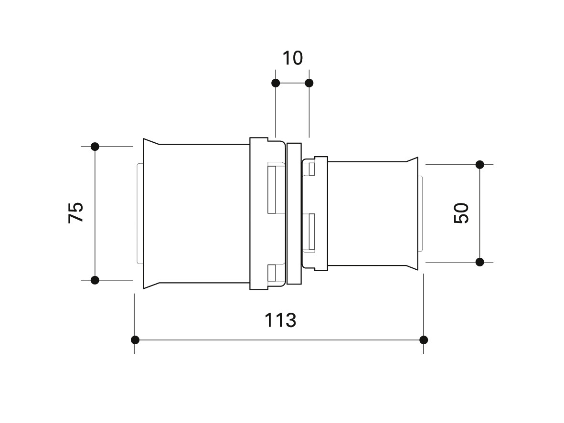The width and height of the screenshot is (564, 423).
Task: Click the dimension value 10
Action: point(292,58)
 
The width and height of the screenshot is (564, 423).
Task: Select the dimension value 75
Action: point(76,212)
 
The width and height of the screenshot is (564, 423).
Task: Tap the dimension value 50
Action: point(461,213)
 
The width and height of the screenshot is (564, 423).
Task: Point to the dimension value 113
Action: point(280,320)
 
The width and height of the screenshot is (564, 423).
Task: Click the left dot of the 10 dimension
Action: point(276,83)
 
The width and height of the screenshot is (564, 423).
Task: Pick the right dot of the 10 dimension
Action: point(309,83)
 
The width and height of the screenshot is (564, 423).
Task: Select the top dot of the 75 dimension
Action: point(95,147)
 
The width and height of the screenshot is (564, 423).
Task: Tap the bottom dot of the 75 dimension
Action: point(95,280)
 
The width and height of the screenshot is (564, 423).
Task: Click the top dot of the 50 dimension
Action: point(480,165)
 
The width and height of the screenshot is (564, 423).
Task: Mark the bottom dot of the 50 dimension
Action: point(480,262)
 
